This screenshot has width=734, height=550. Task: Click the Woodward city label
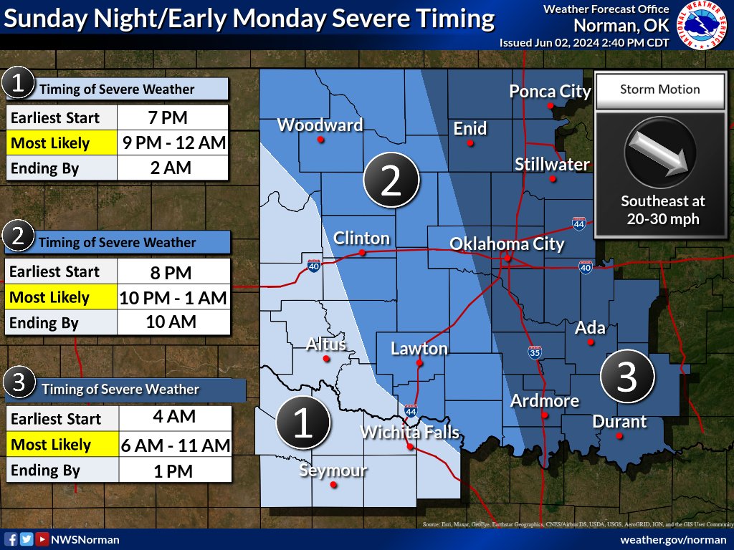pyautogui.click(x=320, y=125)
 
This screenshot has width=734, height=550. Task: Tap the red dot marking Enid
pyautogui.click(x=470, y=143)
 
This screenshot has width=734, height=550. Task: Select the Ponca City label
pyautogui.click(x=550, y=92)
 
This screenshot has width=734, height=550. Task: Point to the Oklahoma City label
pyautogui.click(x=507, y=244)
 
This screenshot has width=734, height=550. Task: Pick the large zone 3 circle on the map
pyautogui.click(x=627, y=377)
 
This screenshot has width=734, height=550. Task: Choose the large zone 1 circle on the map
pyautogui.click(x=303, y=423)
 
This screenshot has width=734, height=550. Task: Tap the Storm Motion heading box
pyautogui.click(x=659, y=90)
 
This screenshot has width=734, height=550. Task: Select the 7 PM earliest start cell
pyautogui.click(x=171, y=117)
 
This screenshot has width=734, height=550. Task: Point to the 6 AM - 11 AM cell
pyautogui.click(x=174, y=445)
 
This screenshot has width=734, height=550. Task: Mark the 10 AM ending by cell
pyautogui.click(x=171, y=322)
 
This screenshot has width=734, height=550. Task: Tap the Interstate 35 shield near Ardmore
pyautogui.click(x=535, y=352)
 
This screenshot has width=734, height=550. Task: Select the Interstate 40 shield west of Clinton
pyautogui.click(x=313, y=265)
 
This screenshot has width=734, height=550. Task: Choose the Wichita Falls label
pyautogui.click(x=409, y=433)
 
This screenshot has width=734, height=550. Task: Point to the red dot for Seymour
pyautogui.click(x=333, y=485)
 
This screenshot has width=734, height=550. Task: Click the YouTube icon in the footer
pyautogui.click(x=43, y=539)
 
